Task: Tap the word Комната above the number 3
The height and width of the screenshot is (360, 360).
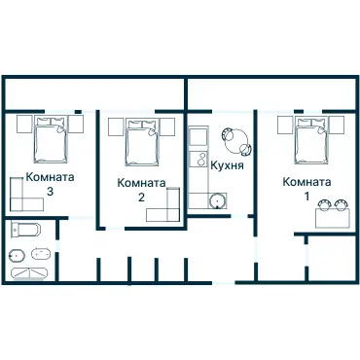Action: pyautogui.click(x=50, y=178)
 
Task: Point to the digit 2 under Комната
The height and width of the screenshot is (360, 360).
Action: pyautogui.click(x=142, y=198)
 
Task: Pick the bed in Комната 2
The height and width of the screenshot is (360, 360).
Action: pyautogui.click(x=140, y=143)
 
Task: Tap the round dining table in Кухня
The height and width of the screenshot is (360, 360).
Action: pyautogui.click(x=237, y=143)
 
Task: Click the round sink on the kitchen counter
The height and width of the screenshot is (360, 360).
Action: pyautogui.click(x=217, y=200)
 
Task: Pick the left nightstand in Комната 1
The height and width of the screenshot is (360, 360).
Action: pyautogui.click(x=283, y=124)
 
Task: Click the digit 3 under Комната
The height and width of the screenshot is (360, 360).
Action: pyautogui.click(x=50, y=192)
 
